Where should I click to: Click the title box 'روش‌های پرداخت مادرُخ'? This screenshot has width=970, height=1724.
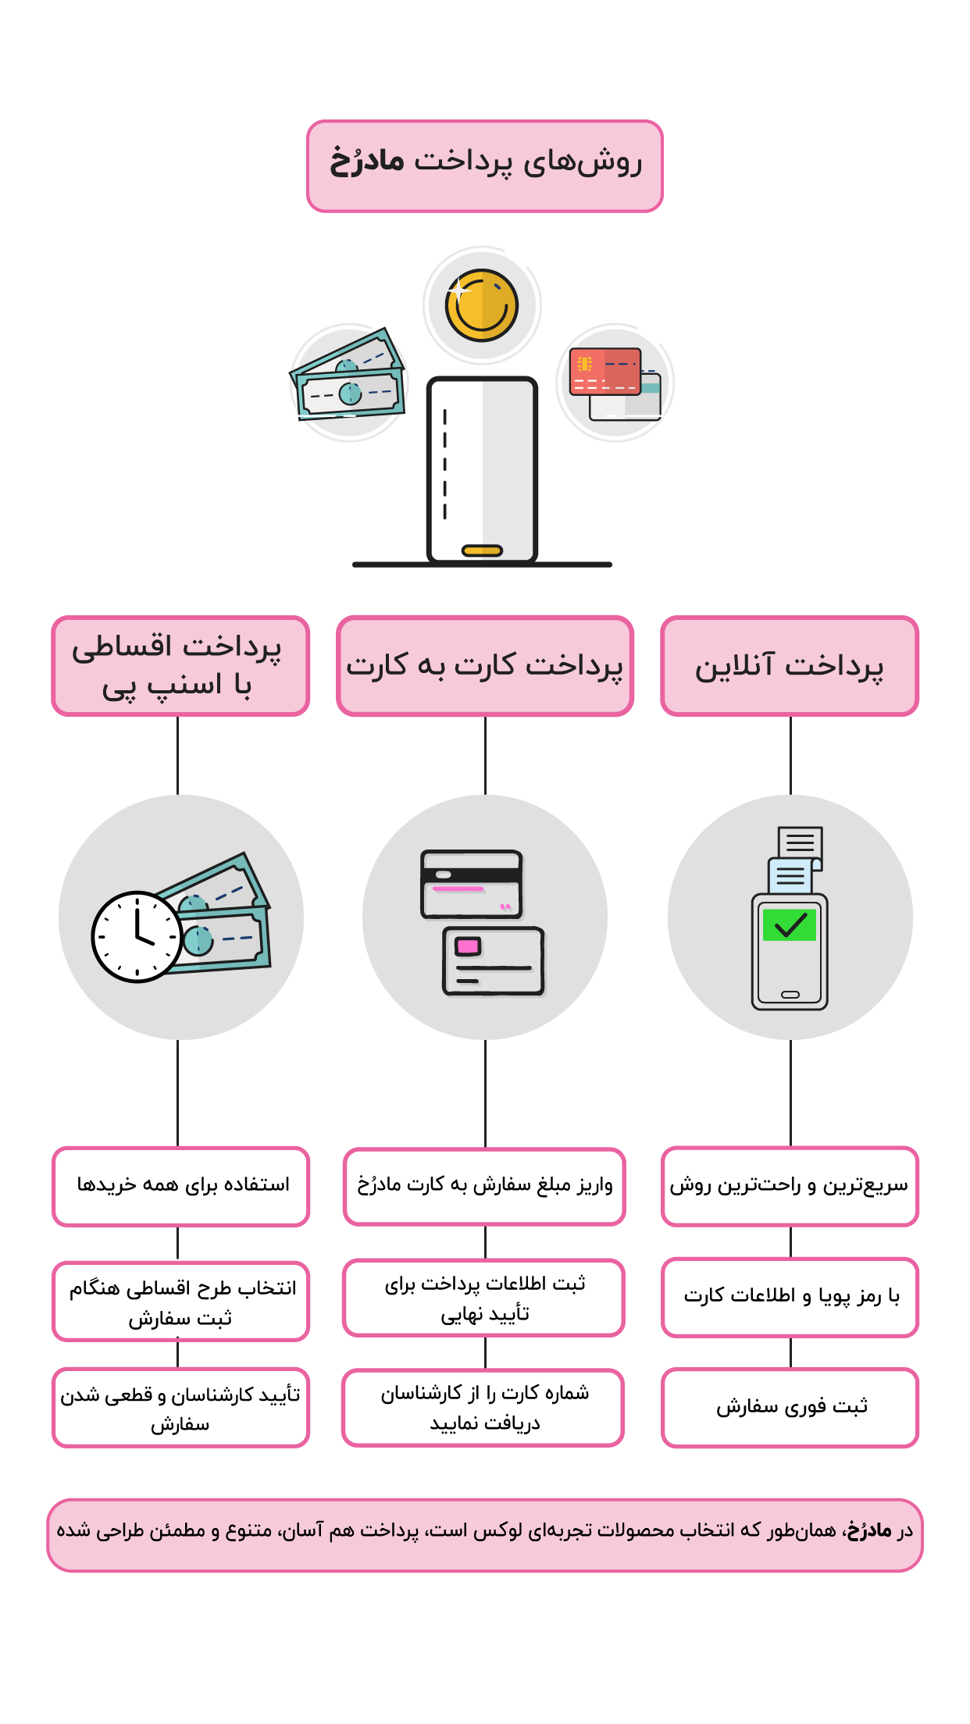[x=484, y=166]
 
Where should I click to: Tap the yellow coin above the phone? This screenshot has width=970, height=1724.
[x=482, y=305]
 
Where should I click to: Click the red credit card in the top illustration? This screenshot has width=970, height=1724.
[x=605, y=371]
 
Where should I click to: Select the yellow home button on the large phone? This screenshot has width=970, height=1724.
[x=482, y=550]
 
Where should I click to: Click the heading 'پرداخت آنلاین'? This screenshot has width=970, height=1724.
[x=790, y=666]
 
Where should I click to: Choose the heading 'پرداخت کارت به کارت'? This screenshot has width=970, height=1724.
[x=485, y=666]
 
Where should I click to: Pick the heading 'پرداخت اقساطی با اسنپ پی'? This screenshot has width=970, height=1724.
[x=180, y=666]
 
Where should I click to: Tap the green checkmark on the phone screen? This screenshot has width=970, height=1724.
[x=790, y=925]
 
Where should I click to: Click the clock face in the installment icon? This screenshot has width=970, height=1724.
[x=137, y=936]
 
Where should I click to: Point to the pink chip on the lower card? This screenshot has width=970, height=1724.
[x=468, y=946]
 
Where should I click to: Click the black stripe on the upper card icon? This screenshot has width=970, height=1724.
[x=471, y=875]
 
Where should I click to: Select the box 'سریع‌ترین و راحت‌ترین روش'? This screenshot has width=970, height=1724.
[x=790, y=1186]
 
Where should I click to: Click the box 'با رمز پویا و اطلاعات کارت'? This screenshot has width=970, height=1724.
[x=790, y=1297]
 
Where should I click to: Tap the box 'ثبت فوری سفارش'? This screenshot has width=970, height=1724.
[x=790, y=1407]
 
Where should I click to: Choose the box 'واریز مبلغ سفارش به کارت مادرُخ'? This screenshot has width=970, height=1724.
[x=484, y=1186]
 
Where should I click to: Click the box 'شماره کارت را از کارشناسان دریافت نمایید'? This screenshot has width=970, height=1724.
[x=483, y=1407]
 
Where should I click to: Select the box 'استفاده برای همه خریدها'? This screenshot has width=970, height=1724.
[x=180, y=1186]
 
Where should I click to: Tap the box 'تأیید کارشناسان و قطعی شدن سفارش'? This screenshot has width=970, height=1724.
[x=180, y=1407]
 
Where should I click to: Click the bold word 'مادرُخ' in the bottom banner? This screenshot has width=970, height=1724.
[x=869, y=1530]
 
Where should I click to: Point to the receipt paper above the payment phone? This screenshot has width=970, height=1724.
[x=797, y=859]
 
